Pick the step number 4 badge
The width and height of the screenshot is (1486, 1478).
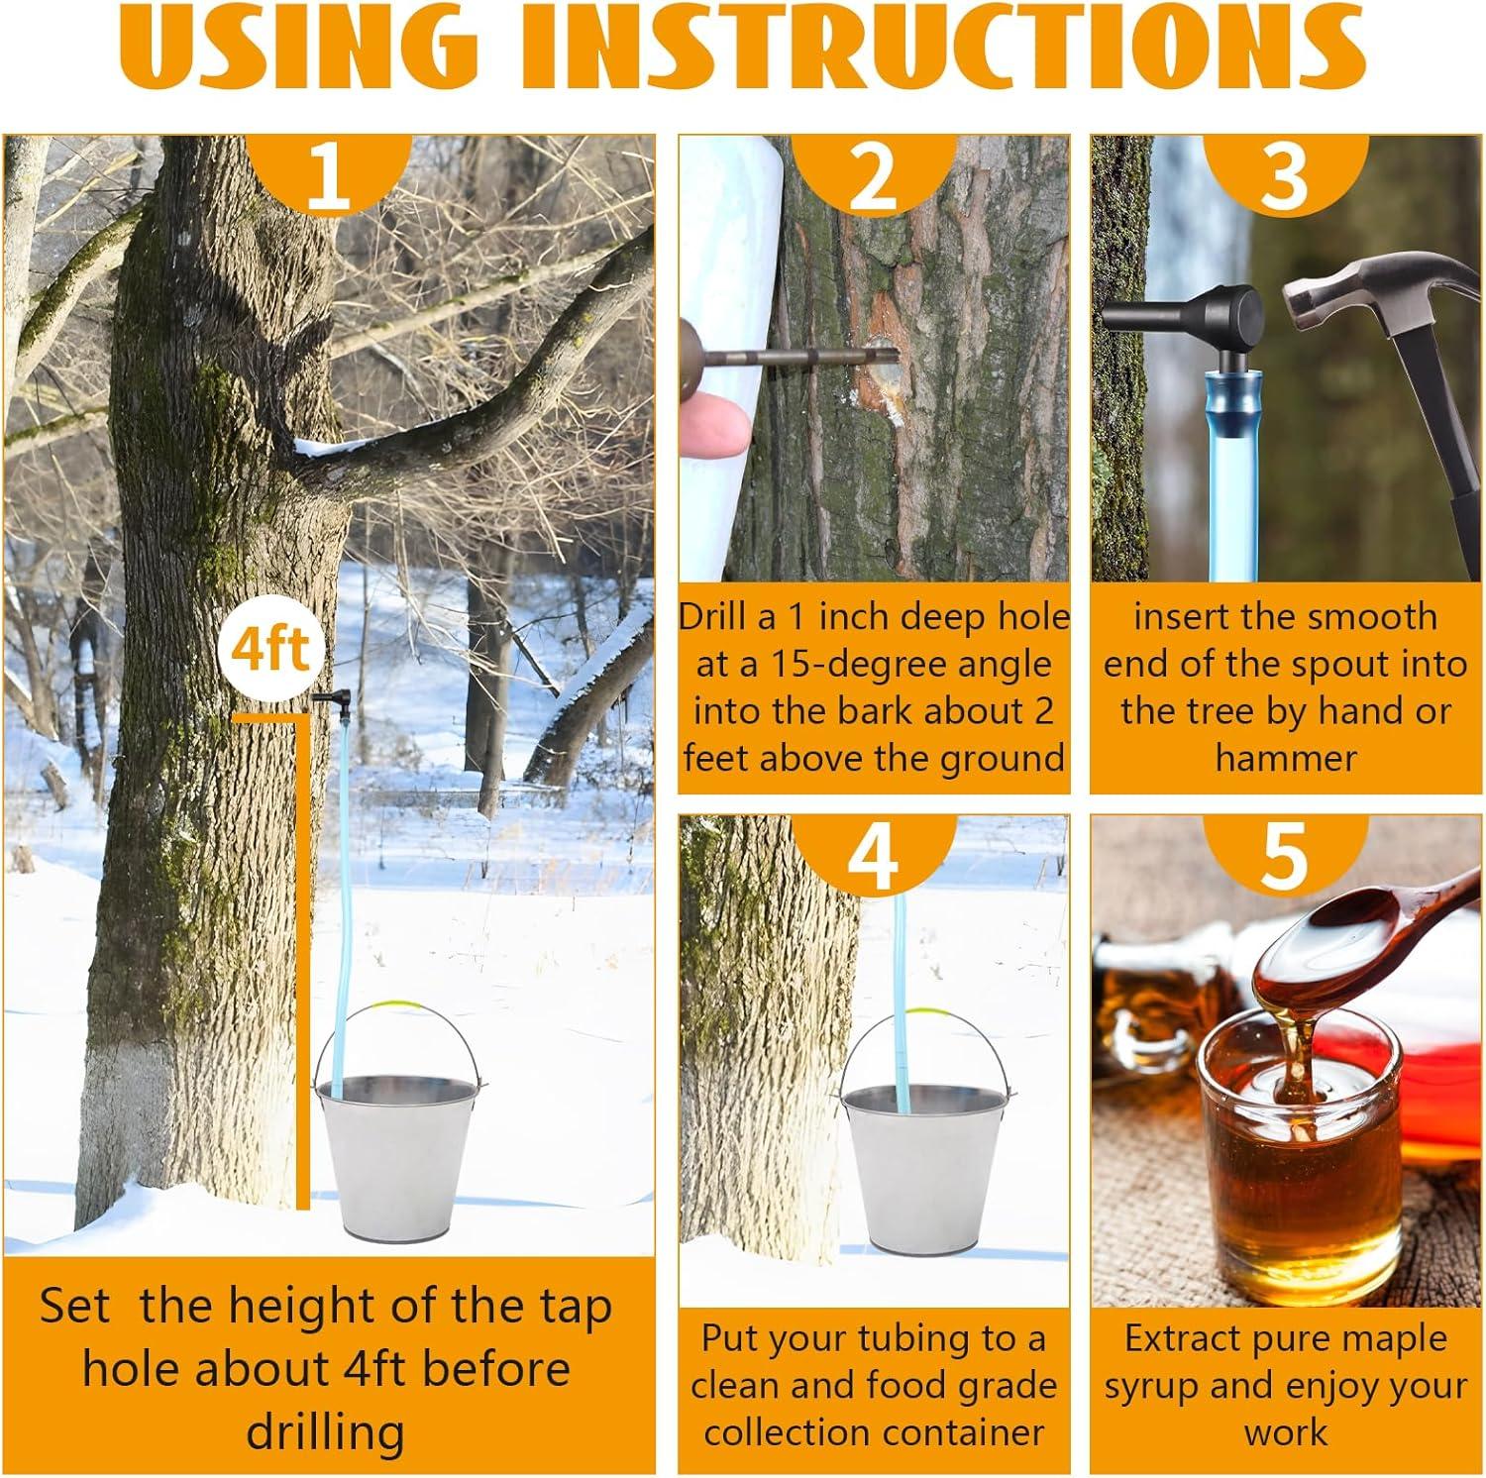coord(873,852)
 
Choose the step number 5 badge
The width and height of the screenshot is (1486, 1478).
coord(1285,852)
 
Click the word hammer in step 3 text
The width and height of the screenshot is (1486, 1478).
coord(1285,759)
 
